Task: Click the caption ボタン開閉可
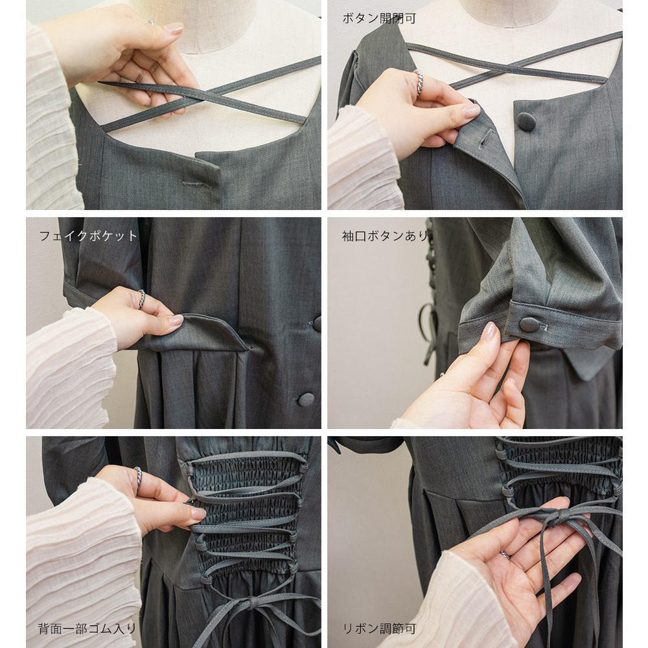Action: coord(379,19)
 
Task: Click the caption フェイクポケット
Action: coord(88,236)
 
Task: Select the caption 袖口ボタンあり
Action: coord(385,236)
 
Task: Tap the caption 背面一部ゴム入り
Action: coord(87,629)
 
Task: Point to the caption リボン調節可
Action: coord(379,629)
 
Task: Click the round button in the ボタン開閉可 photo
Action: coord(526,122)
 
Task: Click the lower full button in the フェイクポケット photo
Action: coord(306,399)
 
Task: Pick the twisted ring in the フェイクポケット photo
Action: coord(141,299)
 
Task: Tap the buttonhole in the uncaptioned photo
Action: coord(197,183)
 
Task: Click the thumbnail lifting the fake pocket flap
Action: coord(176,319)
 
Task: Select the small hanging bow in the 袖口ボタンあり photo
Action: coord(429,330)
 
